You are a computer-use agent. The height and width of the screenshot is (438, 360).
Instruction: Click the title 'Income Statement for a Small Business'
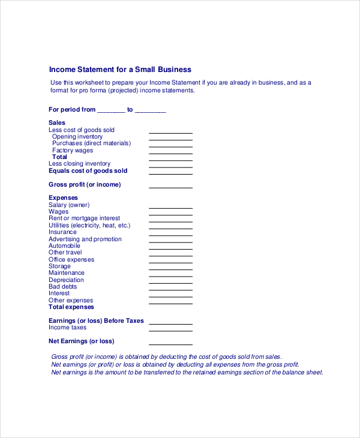point(119,69)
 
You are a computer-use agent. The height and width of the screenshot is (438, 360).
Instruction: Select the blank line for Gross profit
point(170,187)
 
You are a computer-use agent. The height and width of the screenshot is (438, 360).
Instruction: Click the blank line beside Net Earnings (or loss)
point(170,344)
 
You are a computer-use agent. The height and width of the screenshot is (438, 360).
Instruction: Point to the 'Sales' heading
point(57,122)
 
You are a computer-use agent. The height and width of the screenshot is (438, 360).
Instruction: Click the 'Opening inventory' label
point(77,137)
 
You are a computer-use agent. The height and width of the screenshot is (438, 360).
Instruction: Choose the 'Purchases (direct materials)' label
point(91,143)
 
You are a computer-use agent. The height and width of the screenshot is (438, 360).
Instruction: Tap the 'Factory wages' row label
point(73,151)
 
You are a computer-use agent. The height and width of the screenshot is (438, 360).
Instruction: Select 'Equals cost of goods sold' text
point(88,171)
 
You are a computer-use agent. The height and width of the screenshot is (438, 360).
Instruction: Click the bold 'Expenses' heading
point(63,198)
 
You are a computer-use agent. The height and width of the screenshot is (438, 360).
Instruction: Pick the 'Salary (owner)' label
point(69,205)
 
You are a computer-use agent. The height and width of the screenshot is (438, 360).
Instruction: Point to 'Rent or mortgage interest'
point(84,218)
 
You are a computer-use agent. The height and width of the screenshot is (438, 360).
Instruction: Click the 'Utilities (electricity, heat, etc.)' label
point(89,226)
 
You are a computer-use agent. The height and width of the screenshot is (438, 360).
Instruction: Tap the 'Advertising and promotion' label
point(85,239)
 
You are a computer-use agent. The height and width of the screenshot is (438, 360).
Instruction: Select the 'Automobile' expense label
point(64,246)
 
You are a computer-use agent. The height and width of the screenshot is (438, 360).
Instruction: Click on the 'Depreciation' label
point(66,280)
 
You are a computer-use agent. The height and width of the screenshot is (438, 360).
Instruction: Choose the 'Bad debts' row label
point(62,287)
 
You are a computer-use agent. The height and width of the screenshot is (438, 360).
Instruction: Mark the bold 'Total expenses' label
point(71,307)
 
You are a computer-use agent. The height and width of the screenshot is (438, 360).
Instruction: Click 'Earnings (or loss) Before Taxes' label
point(96,321)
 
